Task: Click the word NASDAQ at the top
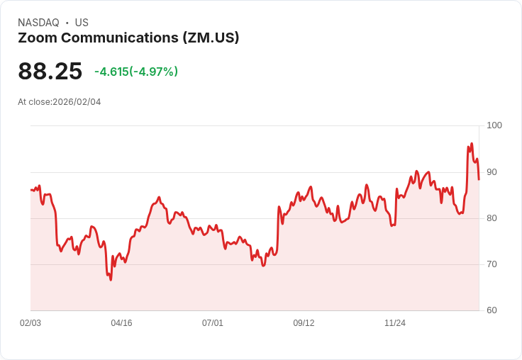[x=38, y=23]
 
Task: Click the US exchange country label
[x=82, y=23]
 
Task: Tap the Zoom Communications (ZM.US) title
[x=128, y=38]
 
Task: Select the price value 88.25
[x=50, y=71]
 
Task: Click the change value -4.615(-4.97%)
[x=136, y=72]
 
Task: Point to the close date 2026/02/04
[x=77, y=102]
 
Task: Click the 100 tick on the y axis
[x=494, y=125]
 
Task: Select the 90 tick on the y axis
[x=492, y=172]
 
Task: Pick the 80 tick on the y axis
[x=492, y=218]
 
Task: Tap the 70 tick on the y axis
[x=492, y=264]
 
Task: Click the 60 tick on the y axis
[x=492, y=310]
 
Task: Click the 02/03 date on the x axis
[x=30, y=323]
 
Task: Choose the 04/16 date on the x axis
[x=121, y=323]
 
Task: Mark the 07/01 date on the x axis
[x=213, y=323]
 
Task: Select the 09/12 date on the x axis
[x=304, y=323]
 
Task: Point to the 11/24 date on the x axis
[x=395, y=323]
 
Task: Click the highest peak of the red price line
[x=472, y=144]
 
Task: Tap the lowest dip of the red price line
[x=111, y=280]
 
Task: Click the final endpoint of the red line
[x=479, y=179]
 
